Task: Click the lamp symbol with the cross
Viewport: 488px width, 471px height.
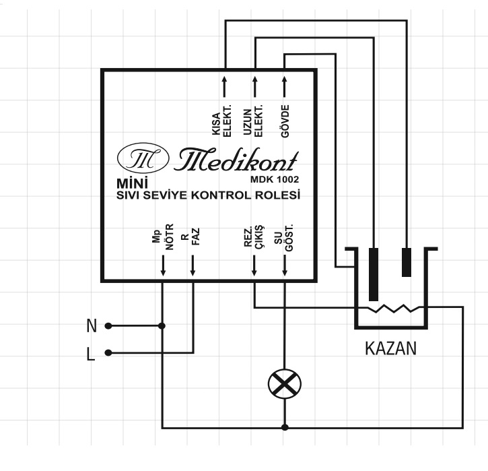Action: [285, 383]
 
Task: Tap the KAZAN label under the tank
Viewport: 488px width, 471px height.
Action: [390, 348]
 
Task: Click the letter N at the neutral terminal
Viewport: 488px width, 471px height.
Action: [92, 326]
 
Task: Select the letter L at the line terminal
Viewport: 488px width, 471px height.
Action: [91, 354]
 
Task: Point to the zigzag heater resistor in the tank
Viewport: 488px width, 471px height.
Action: [394, 309]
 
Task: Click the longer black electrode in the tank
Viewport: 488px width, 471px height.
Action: [374, 274]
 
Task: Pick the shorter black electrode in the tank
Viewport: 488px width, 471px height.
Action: [407, 262]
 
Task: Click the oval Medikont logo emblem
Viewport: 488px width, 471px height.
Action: [143, 158]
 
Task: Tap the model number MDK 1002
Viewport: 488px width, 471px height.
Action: [275, 179]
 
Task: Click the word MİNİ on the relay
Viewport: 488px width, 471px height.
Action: [133, 183]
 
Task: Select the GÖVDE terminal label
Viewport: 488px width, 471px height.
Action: [285, 121]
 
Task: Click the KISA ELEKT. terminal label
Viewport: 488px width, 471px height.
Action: [221, 121]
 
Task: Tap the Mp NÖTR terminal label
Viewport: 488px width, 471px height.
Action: [162, 237]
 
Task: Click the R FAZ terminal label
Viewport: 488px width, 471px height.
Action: [190, 237]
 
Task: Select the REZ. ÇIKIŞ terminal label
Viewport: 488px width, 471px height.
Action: [253, 236]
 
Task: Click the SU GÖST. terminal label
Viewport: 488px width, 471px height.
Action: [284, 237]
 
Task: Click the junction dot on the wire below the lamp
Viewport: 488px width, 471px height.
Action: [285, 427]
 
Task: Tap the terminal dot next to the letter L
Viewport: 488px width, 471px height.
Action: [108, 353]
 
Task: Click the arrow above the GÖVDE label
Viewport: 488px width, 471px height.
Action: [284, 86]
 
